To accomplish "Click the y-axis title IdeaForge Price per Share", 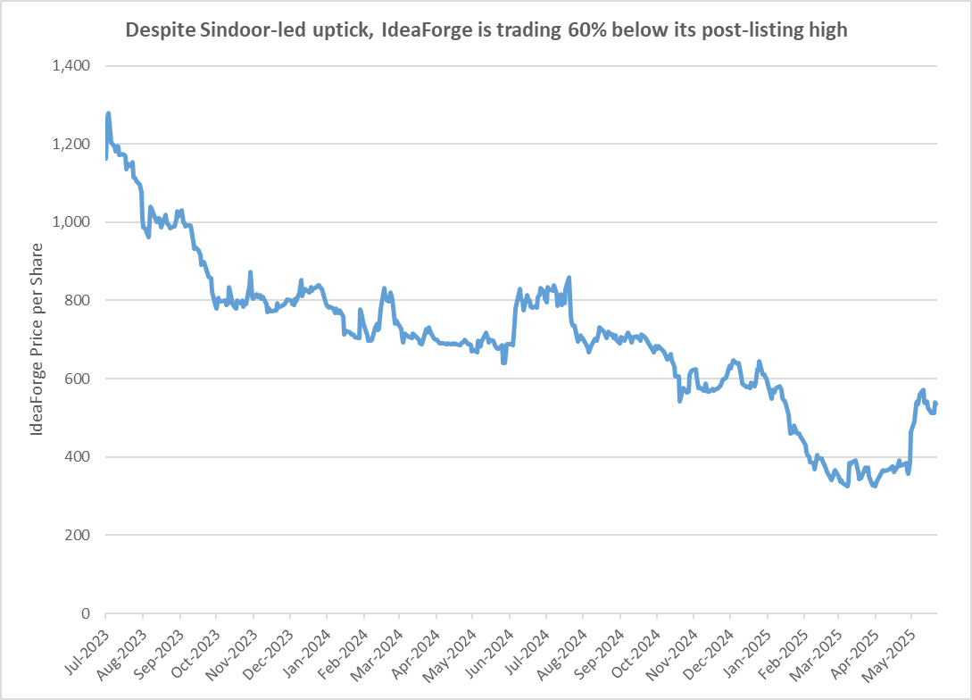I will tap(37, 339).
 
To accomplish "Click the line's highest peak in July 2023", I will tap(108, 113).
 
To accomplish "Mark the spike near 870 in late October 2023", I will tap(251, 271).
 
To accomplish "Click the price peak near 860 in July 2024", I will tap(569, 278).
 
